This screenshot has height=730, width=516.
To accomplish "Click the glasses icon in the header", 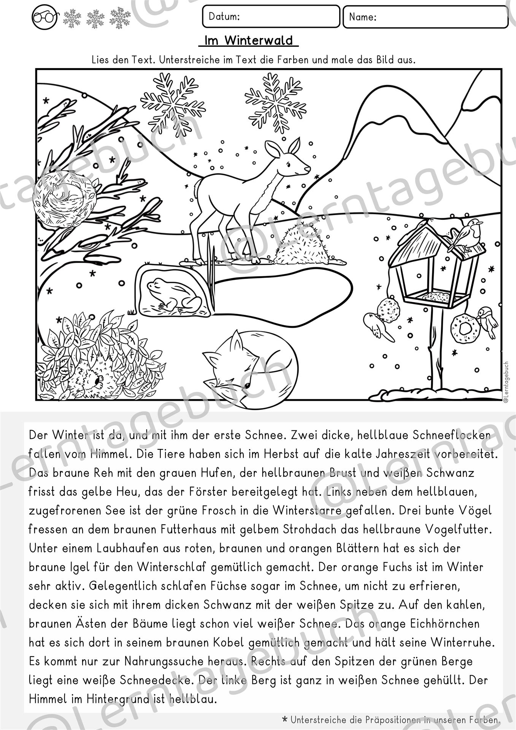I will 44,17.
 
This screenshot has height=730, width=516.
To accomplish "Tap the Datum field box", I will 271,16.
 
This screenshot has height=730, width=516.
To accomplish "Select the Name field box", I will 425,17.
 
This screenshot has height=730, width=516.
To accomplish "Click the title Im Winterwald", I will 249,41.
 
